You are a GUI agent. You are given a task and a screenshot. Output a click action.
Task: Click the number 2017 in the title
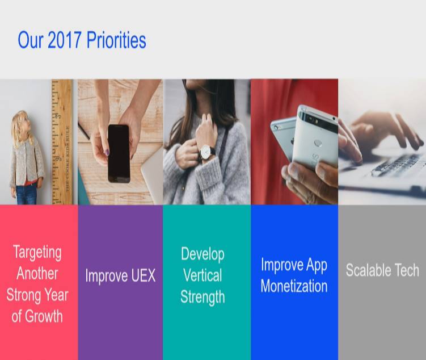65,40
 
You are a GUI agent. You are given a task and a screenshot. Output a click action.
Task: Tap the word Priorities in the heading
116,40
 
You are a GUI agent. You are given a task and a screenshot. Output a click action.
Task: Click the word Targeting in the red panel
37,253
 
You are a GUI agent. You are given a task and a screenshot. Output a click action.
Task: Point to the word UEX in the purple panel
143,275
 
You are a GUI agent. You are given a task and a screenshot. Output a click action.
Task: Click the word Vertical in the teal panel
203,275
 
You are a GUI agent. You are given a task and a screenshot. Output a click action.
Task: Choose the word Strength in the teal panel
203,297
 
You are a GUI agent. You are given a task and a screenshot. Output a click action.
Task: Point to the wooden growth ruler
62,141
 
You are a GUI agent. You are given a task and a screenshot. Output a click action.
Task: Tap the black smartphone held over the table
119,154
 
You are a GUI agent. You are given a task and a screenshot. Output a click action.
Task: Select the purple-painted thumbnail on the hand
107,152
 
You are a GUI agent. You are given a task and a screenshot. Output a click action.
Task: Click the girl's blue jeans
26,193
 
